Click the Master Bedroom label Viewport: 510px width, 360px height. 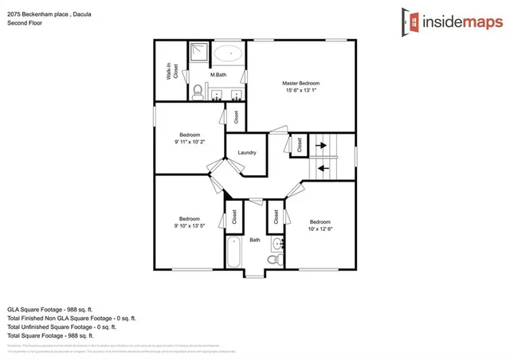pyautogui.click(x=301, y=83)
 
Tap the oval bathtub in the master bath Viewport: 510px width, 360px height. pyautogui.click(x=229, y=55)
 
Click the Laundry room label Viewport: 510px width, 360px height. pyautogui.click(x=246, y=151)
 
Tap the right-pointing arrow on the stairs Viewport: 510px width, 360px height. pyautogui.click(x=322, y=146)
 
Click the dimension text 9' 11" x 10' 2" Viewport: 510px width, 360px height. pyautogui.click(x=190, y=143)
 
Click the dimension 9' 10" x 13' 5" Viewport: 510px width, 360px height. pyautogui.click(x=190, y=227)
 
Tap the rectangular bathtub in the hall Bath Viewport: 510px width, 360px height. pyautogui.click(x=233, y=252)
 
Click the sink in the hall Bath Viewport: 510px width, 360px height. pyautogui.click(x=276, y=244)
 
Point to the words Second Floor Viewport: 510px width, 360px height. pyautogui.click(x=25, y=24)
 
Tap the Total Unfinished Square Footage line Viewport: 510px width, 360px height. pyautogui.click(x=61, y=327)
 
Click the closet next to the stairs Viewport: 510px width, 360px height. pyautogui.click(x=300, y=146)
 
